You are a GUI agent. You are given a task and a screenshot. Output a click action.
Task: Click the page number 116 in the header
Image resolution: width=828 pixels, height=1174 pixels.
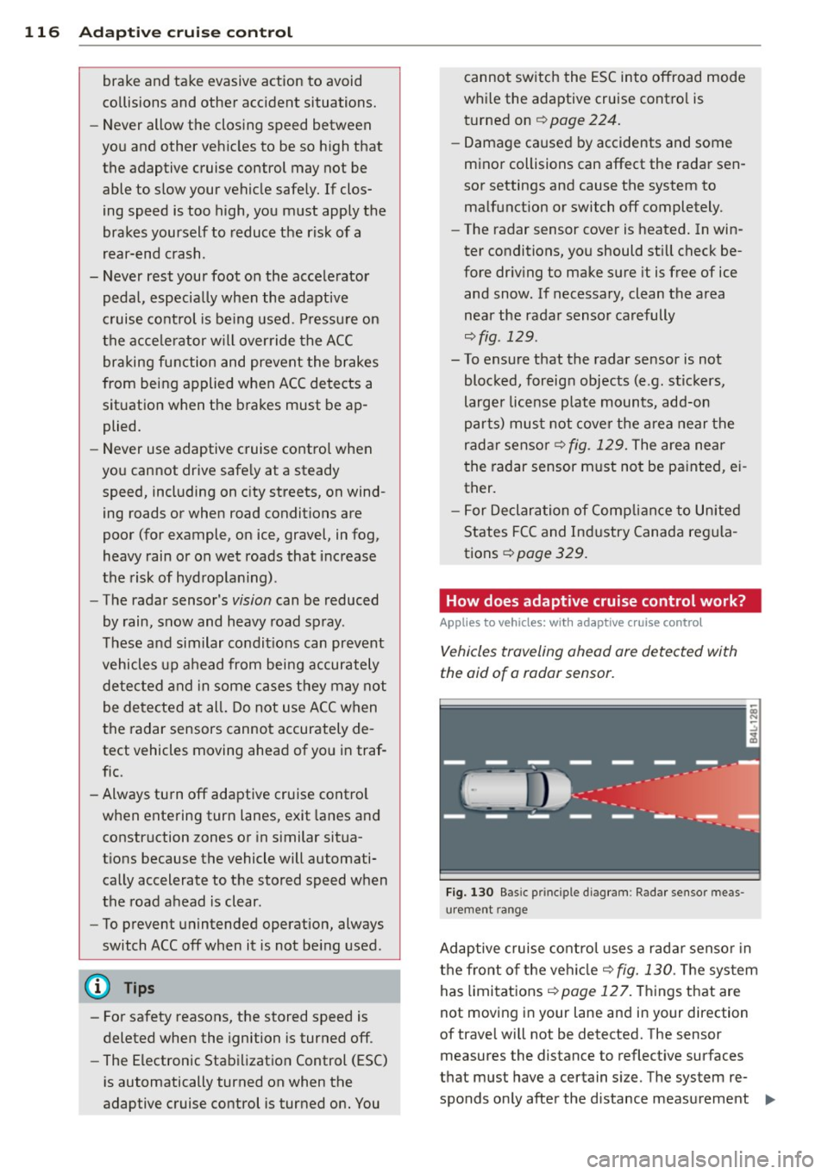click(41, 33)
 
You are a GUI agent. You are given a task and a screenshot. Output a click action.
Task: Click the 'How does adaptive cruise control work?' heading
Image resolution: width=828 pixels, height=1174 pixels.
click(595, 601)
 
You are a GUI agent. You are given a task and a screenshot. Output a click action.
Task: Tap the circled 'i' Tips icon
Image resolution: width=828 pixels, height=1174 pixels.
click(97, 988)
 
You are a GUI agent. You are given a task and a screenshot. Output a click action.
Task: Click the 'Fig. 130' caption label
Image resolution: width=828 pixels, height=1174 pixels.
click(469, 893)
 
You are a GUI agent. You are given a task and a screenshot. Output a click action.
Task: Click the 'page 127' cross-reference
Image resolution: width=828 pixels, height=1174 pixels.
click(595, 992)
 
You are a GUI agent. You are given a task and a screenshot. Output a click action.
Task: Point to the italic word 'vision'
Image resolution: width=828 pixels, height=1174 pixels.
click(252, 600)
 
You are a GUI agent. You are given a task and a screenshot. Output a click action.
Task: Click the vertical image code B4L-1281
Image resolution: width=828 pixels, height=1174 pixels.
click(753, 724)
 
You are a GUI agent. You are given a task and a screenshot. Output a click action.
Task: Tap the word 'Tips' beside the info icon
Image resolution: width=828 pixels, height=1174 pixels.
click(139, 989)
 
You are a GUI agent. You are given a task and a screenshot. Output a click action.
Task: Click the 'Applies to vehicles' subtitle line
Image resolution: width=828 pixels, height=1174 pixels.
click(571, 623)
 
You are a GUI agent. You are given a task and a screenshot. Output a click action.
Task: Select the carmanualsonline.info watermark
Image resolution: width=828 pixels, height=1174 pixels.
click(699, 1159)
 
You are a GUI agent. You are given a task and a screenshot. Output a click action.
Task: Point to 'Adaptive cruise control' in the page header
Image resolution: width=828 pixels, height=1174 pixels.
click(185, 33)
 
